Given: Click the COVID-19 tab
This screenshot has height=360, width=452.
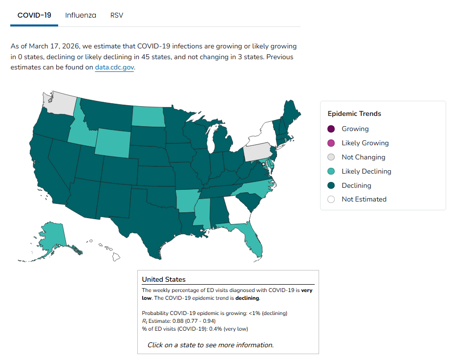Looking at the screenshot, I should [x=34, y=15].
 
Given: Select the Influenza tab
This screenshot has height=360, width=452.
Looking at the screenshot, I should [x=81, y=15].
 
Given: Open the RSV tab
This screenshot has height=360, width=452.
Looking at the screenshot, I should [x=117, y=15].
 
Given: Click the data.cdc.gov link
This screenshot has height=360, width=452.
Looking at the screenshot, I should [x=114, y=67].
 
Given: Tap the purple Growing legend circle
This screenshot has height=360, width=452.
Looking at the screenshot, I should [x=331, y=129].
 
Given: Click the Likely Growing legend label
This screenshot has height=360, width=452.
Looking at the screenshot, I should [x=365, y=143].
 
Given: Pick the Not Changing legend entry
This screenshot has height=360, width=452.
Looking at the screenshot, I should [x=363, y=157].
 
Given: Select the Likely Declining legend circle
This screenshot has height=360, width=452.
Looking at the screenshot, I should [x=331, y=171].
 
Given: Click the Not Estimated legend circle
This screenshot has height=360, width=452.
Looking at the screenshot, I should [x=331, y=200].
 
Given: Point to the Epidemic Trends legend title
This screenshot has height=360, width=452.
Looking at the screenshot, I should [x=354, y=114].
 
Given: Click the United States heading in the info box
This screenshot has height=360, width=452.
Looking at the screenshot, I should [x=164, y=280].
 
